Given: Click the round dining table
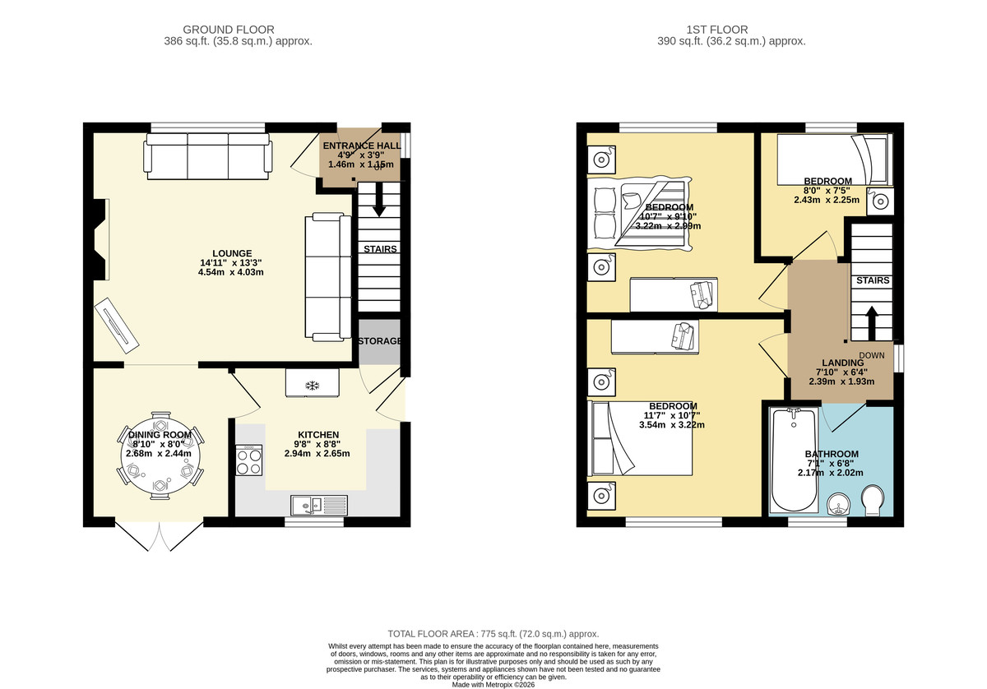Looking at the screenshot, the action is click(x=160, y=456).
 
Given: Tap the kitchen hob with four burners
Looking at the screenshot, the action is click(x=248, y=460).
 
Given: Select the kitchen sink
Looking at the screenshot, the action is click(x=319, y=506).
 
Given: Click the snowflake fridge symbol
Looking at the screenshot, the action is click(x=313, y=386).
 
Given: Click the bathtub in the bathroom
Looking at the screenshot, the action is click(x=794, y=460).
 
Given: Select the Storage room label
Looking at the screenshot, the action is click(x=379, y=341).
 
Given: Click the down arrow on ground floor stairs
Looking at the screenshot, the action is click(x=379, y=200).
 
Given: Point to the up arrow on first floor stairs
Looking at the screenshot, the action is click(x=872, y=323).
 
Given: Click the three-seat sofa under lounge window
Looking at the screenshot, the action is click(x=207, y=156).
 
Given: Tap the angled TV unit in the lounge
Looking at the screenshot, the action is click(x=117, y=326).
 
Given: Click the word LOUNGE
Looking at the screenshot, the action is click(x=232, y=253).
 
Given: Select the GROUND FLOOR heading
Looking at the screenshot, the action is click(x=229, y=30).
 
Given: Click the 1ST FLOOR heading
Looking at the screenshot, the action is click(x=717, y=30).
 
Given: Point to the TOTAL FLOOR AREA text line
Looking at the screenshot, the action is click(x=493, y=634).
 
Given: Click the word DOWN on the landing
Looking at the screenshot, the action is click(x=872, y=355).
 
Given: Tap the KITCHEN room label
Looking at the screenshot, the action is click(x=318, y=435).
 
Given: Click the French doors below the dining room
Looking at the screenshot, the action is click(x=160, y=537).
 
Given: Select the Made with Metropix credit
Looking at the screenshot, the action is click(x=493, y=685).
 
